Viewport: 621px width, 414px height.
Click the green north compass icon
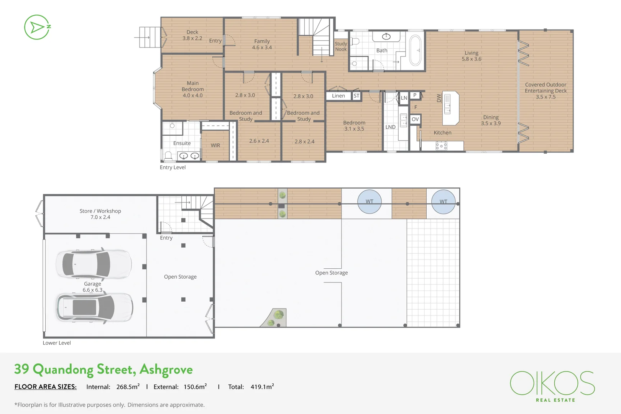[x=37, y=27]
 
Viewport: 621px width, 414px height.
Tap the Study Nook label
[x=340, y=46]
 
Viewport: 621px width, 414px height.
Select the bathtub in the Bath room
[x=415, y=51]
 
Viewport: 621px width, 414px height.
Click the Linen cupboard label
[x=338, y=96]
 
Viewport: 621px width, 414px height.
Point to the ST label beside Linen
[x=356, y=96]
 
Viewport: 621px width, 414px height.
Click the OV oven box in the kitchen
[x=415, y=119]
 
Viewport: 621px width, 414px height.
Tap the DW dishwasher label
[x=439, y=98]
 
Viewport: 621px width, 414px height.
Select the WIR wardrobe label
[x=215, y=146]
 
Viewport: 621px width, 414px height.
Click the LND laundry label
[x=390, y=127]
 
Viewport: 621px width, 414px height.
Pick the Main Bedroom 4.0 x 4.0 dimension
[x=192, y=95]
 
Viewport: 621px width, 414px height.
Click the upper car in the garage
[x=94, y=264]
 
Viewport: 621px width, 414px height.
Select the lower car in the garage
[x=95, y=307]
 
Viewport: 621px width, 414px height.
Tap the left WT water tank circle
[x=369, y=202]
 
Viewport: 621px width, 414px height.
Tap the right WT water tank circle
[x=443, y=202]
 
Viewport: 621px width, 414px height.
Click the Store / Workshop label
[x=100, y=211]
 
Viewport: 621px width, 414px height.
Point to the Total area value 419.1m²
[x=262, y=387]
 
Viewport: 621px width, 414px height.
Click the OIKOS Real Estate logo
[x=552, y=386]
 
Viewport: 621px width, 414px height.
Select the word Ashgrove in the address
[x=166, y=370]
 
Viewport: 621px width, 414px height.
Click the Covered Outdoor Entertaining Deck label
[x=545, y=91]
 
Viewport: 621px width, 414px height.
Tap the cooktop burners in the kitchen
[x=441, y=146]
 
